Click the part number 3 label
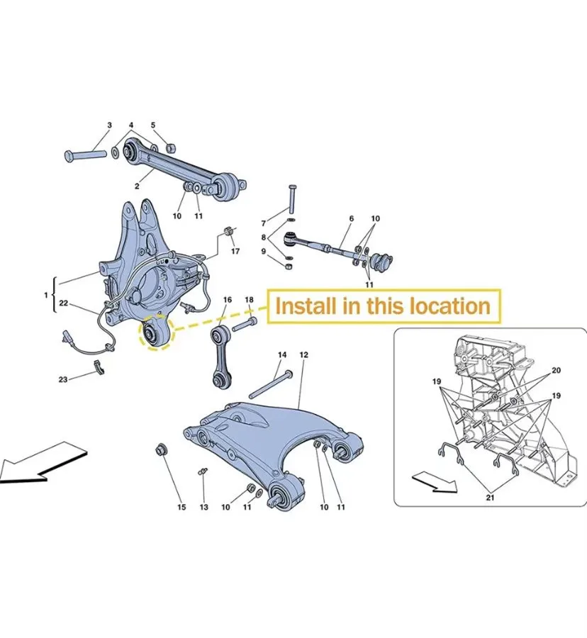(x=109, y=125)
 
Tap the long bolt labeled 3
(x=86, y=155)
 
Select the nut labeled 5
(x=171, y=147)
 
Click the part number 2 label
(x=137, y=186)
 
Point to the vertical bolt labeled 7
(x=293, y=198)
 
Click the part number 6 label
(x=352, y=218)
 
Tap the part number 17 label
(x=235, y=251)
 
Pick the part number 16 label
(x=228, y=300)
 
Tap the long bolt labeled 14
(x=271, y=384)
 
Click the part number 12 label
(x=303, y=355)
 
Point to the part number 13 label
(x=203, y=507)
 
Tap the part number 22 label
(x=64, y=303)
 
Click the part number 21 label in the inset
(x=490, y=497)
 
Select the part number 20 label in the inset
(x=556, y=370)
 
